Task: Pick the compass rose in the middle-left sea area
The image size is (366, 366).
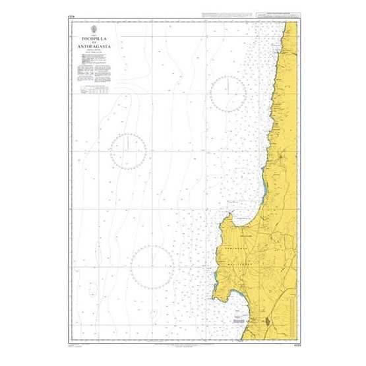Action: click(128, 150)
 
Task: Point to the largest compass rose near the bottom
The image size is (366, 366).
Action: click(151, 267)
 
